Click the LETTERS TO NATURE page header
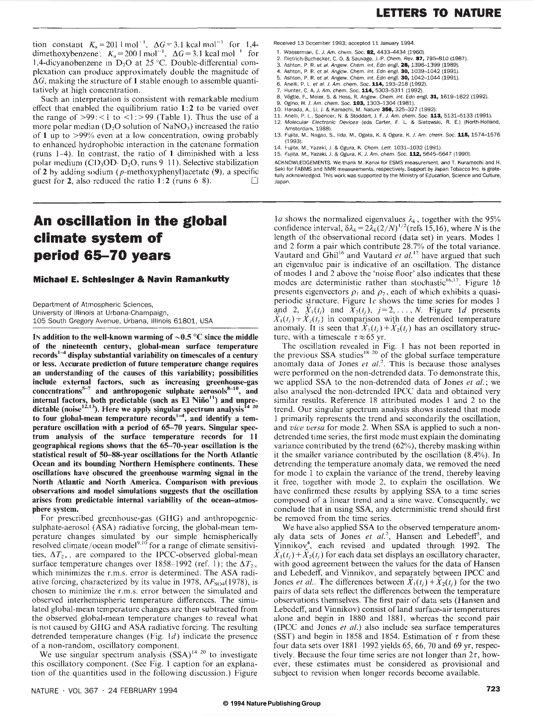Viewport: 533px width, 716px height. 439,13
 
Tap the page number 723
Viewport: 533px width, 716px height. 493,689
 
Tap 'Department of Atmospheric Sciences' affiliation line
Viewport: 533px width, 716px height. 93,304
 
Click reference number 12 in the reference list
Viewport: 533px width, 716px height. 277,122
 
